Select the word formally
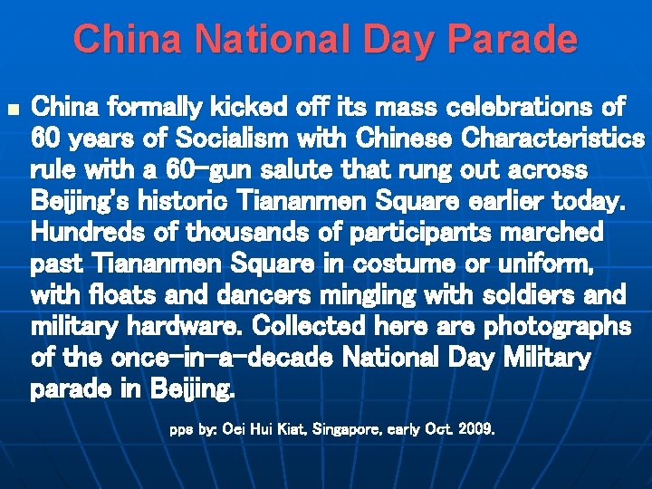(x=161, y=109)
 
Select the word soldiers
(x=535, y=295)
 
